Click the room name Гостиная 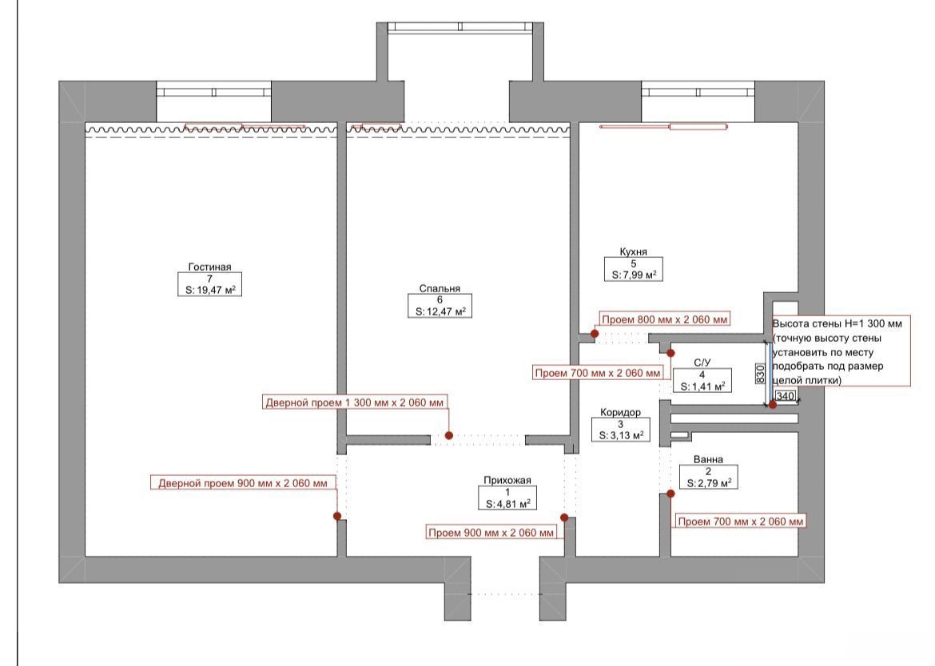tap(209, 267)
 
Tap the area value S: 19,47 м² tap(210, 290)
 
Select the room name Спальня tap(440, 288)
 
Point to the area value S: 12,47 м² tap(440, 311)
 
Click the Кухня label tap(633, 252)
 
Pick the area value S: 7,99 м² tap(634, 275)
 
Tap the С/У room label tap(702, 363)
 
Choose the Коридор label tap(620, 412)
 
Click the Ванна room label tap(708, 459)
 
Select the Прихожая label tap(507, 480)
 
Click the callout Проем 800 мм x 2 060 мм tap(664, 320)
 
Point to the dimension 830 tap(760, 374)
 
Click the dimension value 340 tap(786, 396)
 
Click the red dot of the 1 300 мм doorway tap(448, 435)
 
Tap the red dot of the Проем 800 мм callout tap(595, 334)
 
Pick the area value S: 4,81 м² tap(507, 504)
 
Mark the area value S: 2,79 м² tap(709, 483)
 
